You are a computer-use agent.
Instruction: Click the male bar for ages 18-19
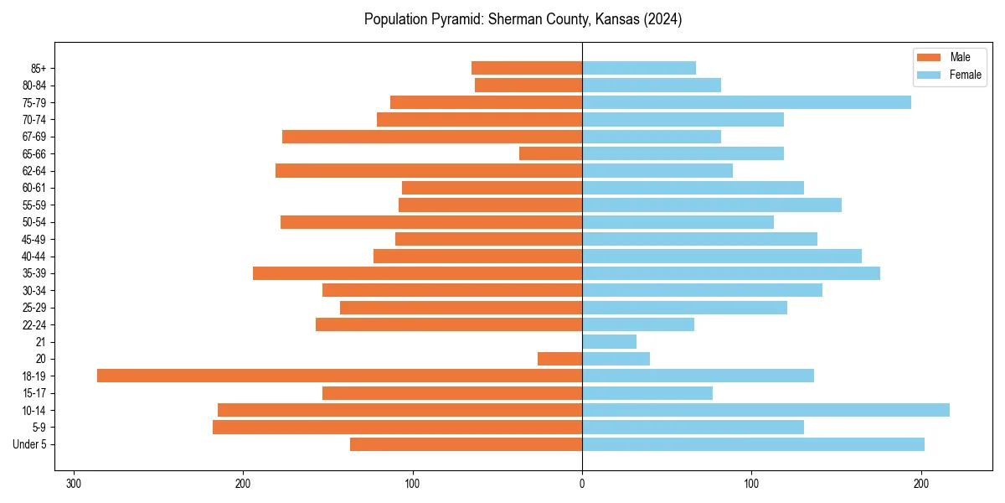pos(339,376)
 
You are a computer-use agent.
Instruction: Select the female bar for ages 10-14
pos(765,410)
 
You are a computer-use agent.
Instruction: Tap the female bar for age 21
pos(609,341)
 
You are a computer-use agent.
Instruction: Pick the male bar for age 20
pos(559,359)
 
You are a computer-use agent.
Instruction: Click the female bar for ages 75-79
pos(746,102)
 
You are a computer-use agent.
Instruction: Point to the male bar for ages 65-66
pos(550,153)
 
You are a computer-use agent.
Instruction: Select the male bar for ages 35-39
pos(417,273)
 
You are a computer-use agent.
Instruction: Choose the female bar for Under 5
pos(753,444)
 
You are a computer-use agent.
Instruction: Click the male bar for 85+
pos(527,68)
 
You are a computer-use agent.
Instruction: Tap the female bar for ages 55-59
pos(712,205)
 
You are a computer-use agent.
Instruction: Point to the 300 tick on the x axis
pos(74,484)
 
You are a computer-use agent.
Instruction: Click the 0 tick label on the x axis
pos(582,484)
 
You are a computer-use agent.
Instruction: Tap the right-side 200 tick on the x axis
pos(921,484)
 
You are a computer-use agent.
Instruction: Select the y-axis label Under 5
pos(30,444)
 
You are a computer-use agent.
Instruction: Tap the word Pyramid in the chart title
pos(448,19)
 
